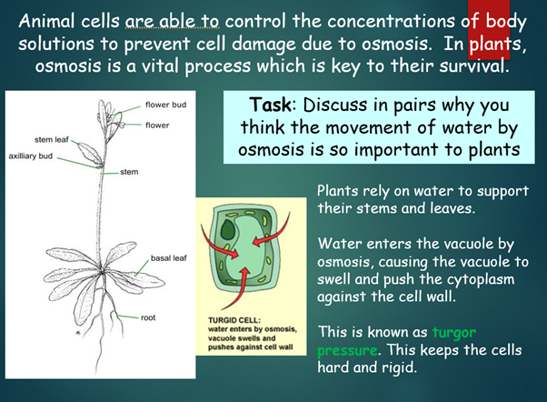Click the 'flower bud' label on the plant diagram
[x=166, y=105]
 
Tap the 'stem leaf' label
[x=52, y=140]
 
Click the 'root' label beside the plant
[x=149, y=317]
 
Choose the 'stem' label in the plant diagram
[x=130, y=171]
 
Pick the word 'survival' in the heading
[x=478, y=67]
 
